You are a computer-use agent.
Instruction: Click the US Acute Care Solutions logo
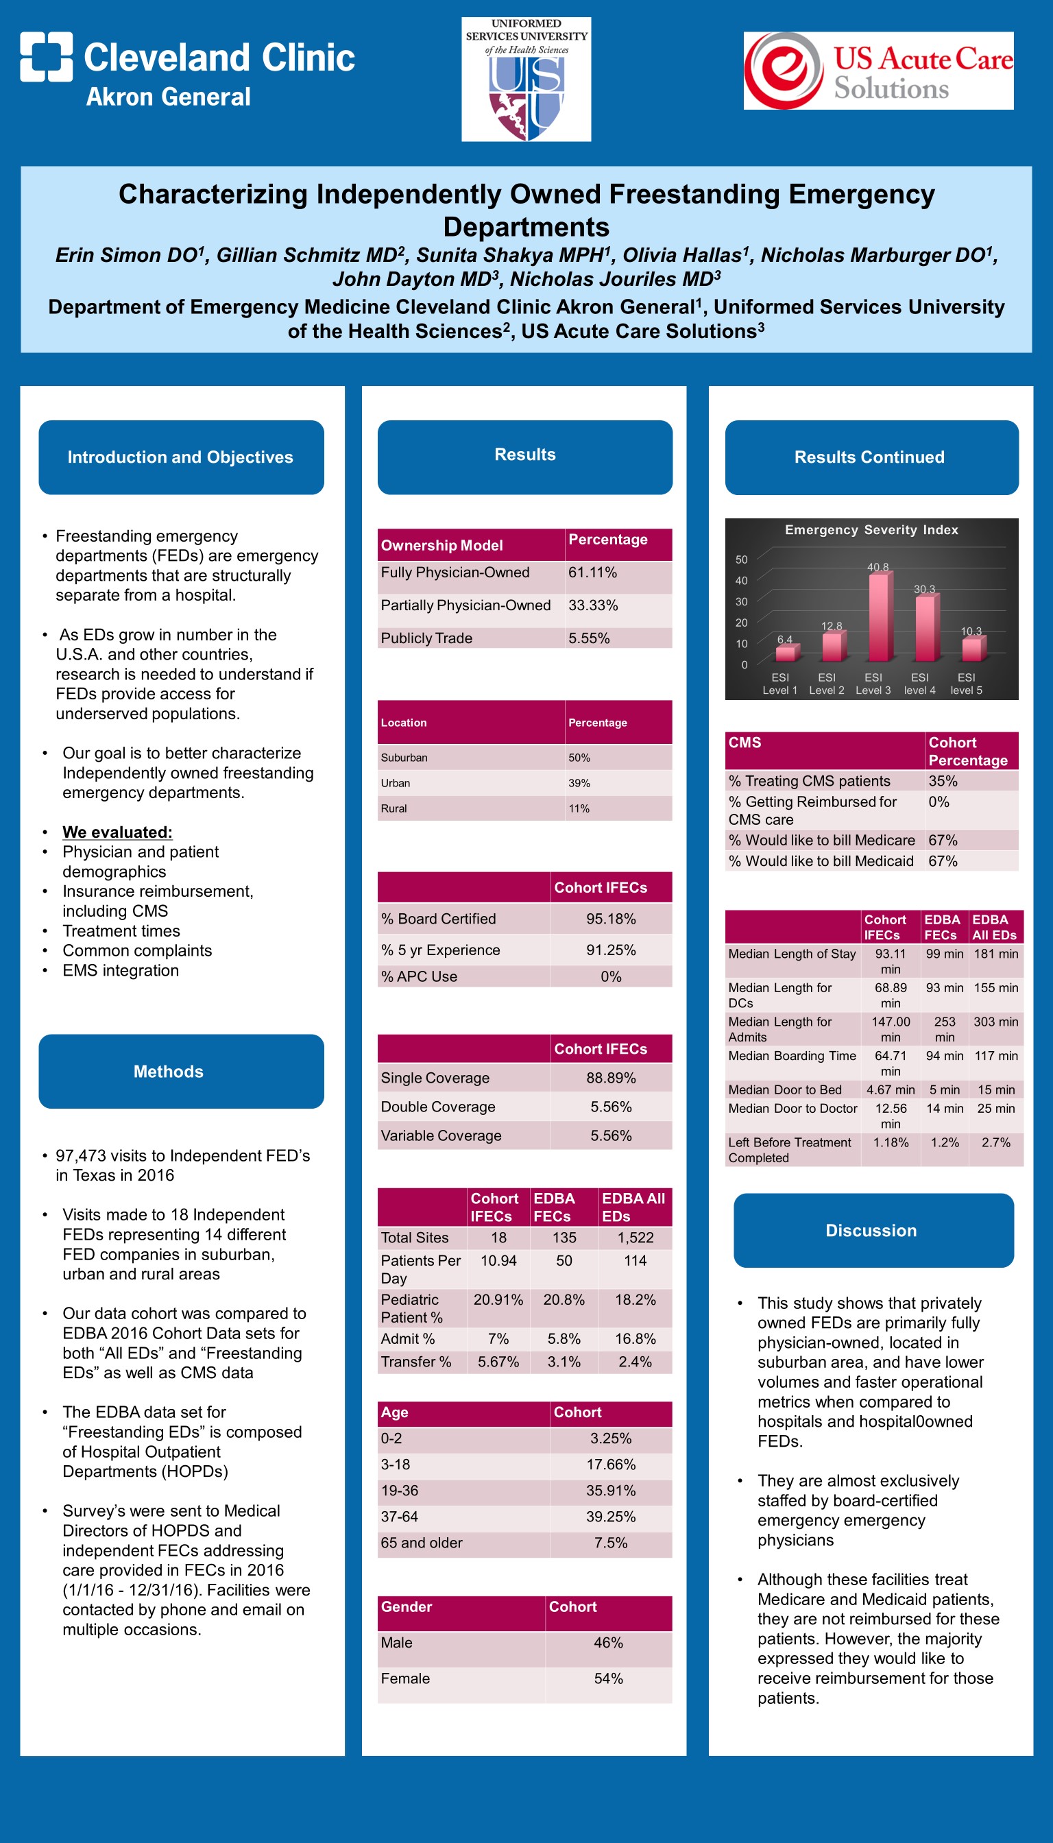click(x=878, y=71)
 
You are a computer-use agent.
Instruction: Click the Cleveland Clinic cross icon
click(x=47, y=56)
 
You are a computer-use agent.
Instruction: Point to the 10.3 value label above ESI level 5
click(x=971, y=631)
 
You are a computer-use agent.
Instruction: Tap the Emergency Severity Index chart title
click(x=871, y=530)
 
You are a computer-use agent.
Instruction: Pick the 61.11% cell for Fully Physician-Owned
click(x=592, y=573)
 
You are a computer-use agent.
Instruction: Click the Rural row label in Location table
click(x=394, y=808)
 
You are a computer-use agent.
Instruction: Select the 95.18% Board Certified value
click(x=611, y=919)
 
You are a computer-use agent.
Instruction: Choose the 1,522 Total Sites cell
click(x=635, y=1238)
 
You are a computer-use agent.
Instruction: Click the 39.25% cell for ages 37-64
click(x=611, y=1517)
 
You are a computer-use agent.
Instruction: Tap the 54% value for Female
click(x=608, y=1679)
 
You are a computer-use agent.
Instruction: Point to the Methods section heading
click(x=169, y=1072)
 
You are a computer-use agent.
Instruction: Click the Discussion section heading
click(x=871, y=1231)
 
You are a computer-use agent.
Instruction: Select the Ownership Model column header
click(x=442, y=546)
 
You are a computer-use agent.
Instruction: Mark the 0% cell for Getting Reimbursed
click(x=939, y=802)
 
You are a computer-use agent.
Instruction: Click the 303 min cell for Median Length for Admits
click(x=996, y=1022)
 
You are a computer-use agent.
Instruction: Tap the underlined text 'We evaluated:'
click(x=117, y=832)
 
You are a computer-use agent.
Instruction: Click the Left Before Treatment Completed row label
click(x=789, y=1150)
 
